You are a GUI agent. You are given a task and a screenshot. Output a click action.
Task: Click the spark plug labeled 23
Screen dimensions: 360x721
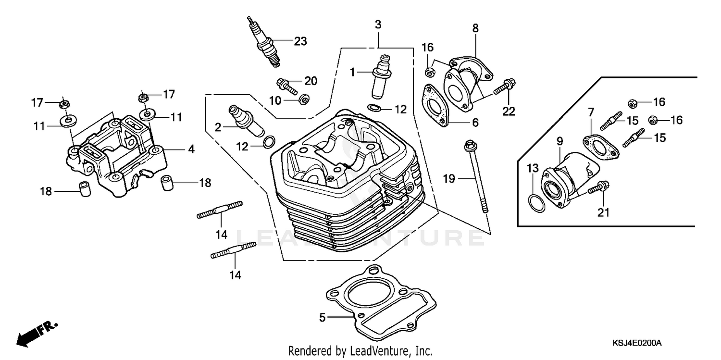tap(265, 44)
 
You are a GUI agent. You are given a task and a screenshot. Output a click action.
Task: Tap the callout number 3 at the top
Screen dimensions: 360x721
tap(378, 25)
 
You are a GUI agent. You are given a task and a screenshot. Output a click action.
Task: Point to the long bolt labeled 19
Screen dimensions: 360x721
tap(477, 175)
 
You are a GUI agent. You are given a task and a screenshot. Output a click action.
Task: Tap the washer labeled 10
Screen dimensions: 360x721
tap(304, 99)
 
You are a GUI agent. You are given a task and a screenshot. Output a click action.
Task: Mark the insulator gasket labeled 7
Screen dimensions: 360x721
tap(601, 147)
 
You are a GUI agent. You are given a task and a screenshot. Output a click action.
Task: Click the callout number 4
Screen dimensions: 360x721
tap(191, 149)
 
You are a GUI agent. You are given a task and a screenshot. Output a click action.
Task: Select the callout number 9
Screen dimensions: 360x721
tap(559, 141)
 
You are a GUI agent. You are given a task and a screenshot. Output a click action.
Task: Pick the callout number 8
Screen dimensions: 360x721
tap(475, 28)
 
